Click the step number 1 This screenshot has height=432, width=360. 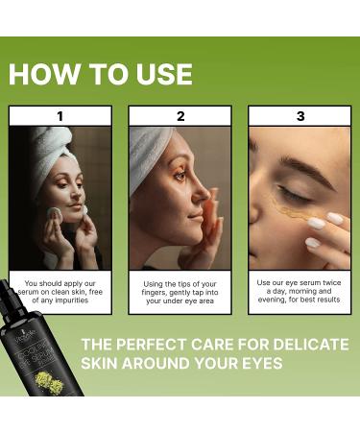click(x=60, y=116)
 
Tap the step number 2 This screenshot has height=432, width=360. click(x=180, y=116)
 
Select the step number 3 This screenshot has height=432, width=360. click(x=299, y=116)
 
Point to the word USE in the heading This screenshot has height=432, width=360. click(x=156, y=74)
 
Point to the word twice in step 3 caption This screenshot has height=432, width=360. click(x=328, y=282)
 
